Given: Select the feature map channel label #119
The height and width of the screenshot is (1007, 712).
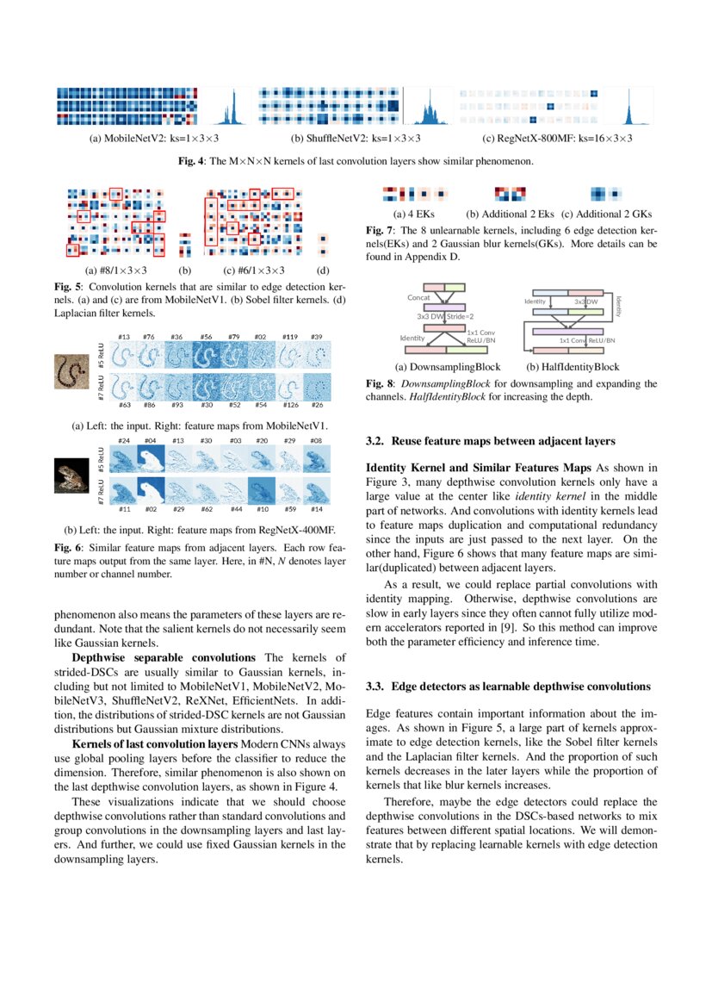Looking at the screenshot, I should [290, 337].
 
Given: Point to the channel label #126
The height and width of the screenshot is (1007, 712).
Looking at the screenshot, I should [290, 404].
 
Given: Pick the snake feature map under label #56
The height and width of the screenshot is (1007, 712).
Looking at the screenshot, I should [207, 357].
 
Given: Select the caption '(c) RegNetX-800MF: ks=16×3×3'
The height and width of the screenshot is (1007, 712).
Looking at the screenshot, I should [557, 138].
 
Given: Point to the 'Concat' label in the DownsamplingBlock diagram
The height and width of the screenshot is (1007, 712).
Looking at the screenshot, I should [418, 297].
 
